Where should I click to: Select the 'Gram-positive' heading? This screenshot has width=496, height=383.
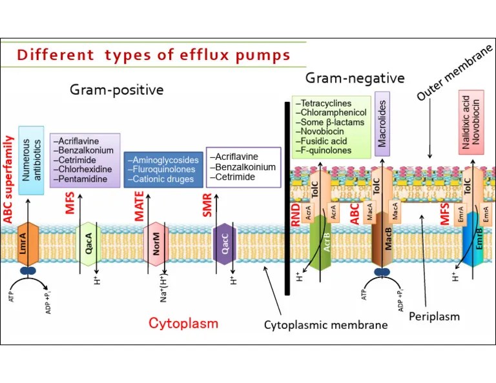tap(116, 90)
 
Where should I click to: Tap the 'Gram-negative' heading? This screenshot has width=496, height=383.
tap(355, 79)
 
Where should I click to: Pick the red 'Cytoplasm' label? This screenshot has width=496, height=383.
tap(183, 323)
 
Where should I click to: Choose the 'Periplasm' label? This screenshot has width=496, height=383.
tap(434, 316)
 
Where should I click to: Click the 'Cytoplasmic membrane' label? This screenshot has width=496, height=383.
tap(325, 325)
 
